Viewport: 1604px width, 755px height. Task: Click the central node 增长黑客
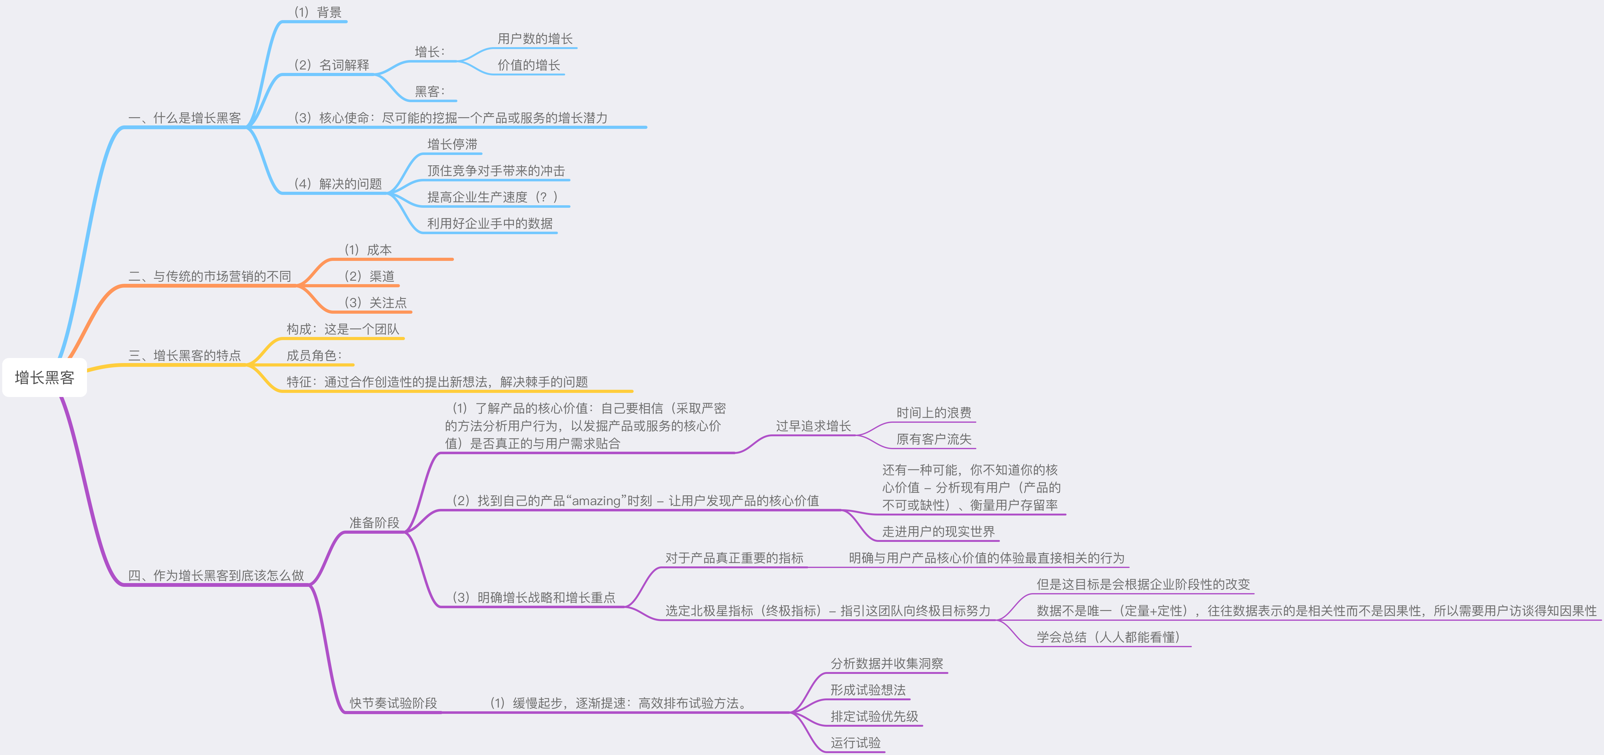pos(44,377)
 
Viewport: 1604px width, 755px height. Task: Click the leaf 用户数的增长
pos(535,39)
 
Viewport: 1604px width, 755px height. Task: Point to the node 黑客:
pos(430,91)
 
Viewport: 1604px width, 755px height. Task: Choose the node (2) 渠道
pos(369,276)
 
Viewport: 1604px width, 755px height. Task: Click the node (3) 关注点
pos(375,303)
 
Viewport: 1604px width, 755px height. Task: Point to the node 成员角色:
pos(314,355)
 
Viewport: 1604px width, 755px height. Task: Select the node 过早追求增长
pos(813,426)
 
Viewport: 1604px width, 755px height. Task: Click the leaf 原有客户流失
pos(933,439)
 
